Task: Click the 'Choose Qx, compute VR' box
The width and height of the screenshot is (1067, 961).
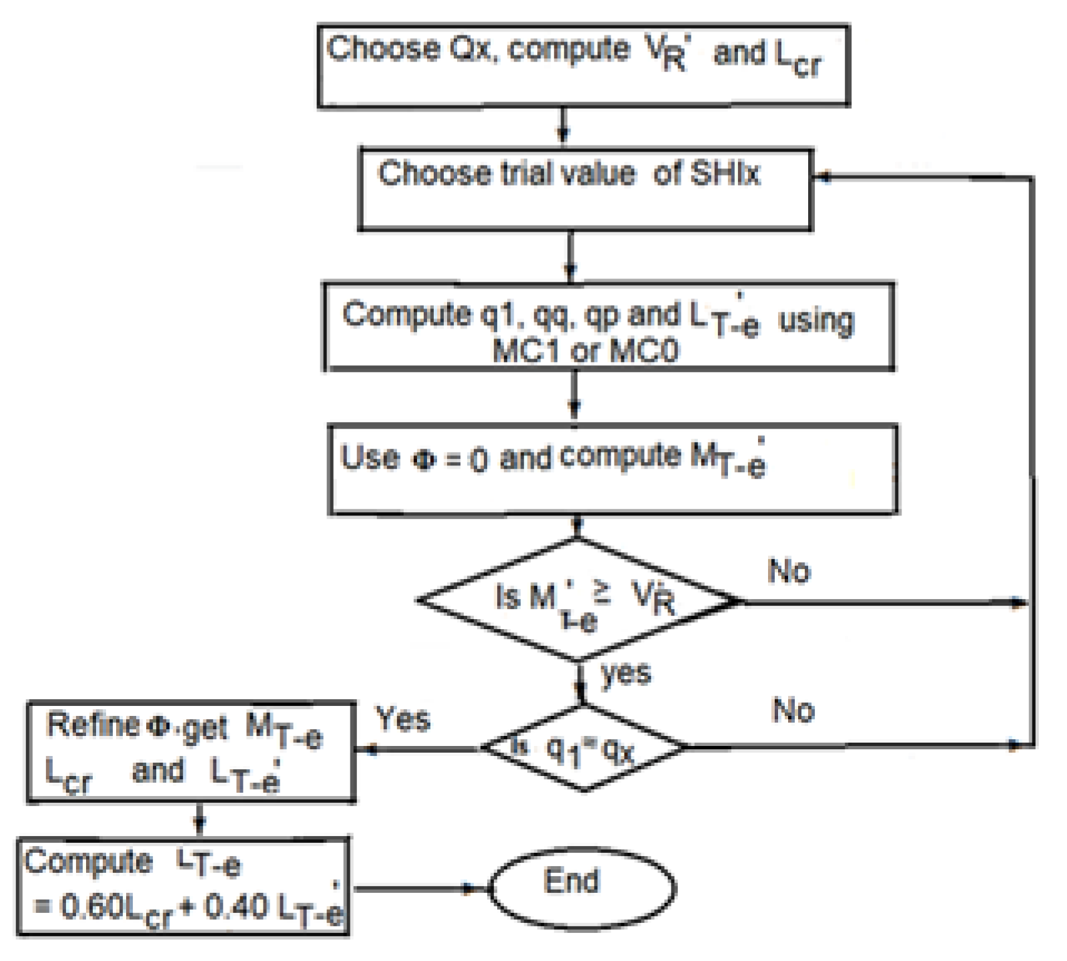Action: (x=583, y=65)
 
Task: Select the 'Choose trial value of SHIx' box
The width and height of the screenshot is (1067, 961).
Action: (x=585, y=190)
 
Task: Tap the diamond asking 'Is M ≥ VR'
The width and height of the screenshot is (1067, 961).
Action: (x=578, y=600)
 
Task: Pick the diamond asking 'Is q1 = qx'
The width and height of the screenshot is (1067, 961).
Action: (x=583, y=748)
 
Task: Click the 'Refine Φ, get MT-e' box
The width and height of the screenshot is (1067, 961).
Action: (x=191, y=751)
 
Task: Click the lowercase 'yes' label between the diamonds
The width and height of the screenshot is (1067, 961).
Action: (x=625, y=673)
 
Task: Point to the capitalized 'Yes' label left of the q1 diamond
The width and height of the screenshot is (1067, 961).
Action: (x=402, y=719)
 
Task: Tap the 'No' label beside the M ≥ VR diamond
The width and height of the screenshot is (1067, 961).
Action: (x=789, y=572)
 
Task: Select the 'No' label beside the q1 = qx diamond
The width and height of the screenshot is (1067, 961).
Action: (x=793, y=710)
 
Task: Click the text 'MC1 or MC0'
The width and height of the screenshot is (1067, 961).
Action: (x=585, y=351)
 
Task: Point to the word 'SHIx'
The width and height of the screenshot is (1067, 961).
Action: (x=725, y=173)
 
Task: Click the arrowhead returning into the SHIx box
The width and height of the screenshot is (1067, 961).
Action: (x=823, y=177)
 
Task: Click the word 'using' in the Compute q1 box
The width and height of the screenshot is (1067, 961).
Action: (x=816, y=321)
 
